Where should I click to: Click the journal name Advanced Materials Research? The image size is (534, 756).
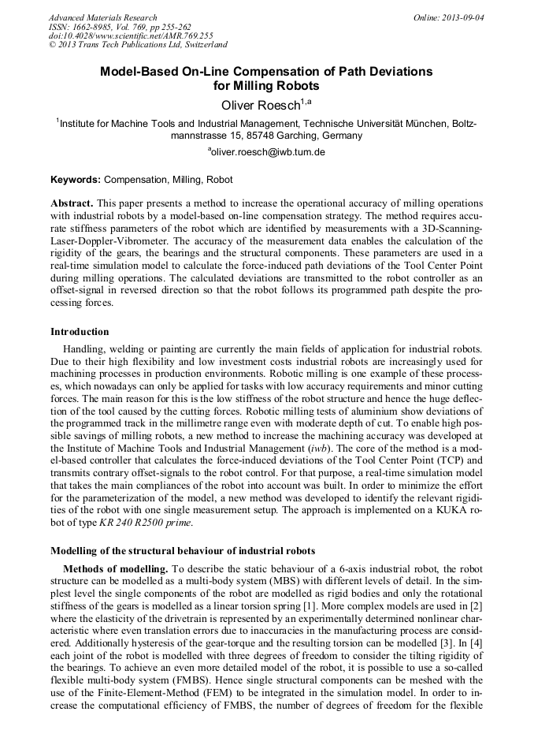(102, 17)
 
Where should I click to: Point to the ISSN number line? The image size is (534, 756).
(119, 27)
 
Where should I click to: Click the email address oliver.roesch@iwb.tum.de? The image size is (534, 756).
(268, 152)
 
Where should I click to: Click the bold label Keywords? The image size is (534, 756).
(76, 180)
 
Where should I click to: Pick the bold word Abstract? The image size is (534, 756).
(71, 203)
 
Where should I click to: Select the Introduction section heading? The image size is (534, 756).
(80, 332)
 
